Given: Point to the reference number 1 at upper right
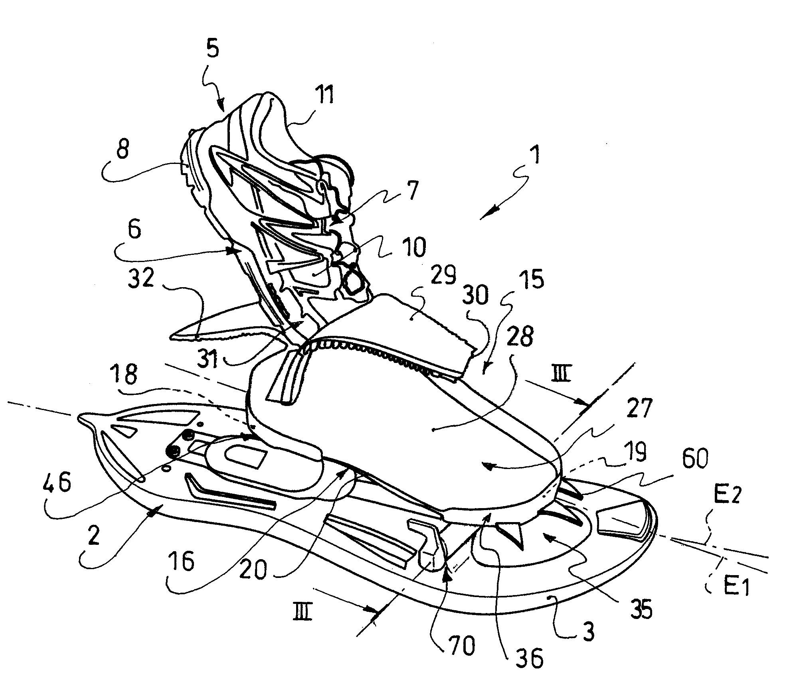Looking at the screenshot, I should [536, 156].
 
